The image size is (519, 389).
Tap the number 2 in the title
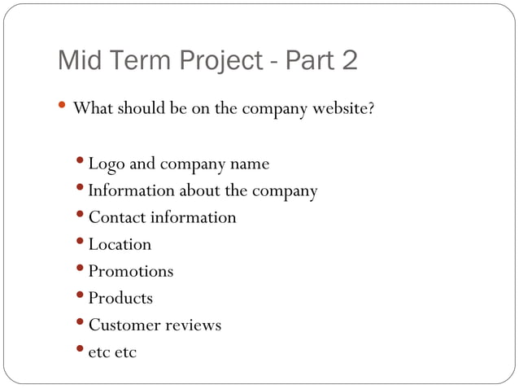click(349, 61)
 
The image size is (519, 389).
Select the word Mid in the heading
click(81, 61)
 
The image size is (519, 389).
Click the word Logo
click(107, 164)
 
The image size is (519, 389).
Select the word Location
click(120, 244)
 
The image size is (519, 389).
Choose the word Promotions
click(131, 271)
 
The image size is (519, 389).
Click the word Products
click(120, 298)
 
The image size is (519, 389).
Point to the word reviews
click(194, 325)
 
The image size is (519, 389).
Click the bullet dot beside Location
click(81, 243)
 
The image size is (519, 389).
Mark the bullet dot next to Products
click(81, 296)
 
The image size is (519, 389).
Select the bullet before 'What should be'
click(63, 106)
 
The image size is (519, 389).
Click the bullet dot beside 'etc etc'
click(81, 350)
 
